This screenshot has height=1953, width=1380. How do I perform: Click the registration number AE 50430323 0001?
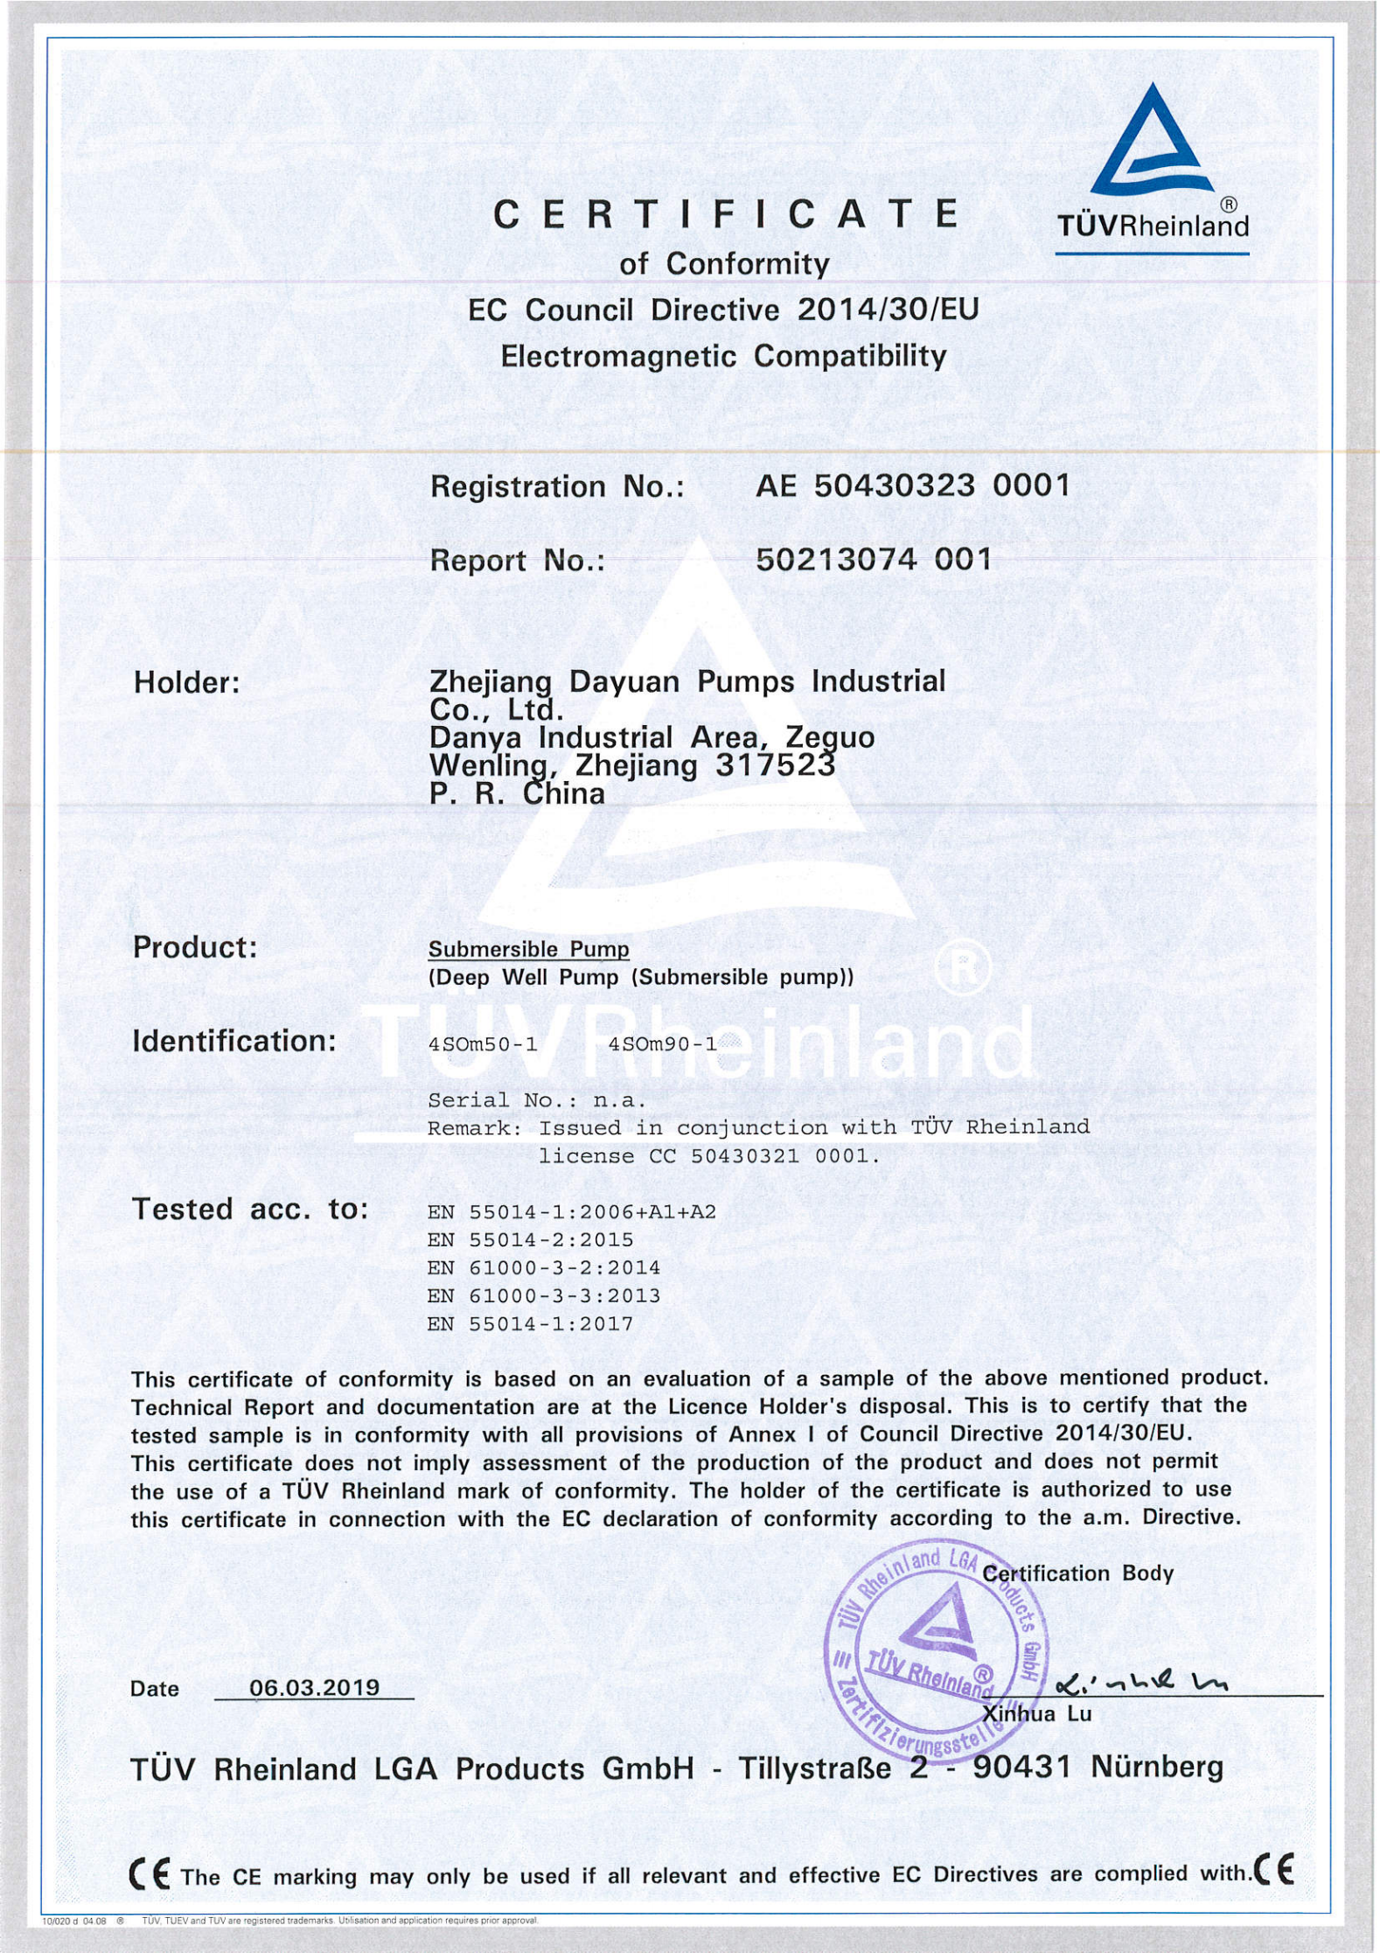tap(913, 485)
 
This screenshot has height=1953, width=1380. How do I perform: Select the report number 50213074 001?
tap(874, 559)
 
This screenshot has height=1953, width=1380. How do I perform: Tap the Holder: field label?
tap(186, 683)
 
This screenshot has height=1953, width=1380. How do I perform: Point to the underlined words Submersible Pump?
tap(528, 949)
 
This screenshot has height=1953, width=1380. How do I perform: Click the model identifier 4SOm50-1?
tap(483, 1043)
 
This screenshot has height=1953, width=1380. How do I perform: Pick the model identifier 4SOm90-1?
tap(662, 1043)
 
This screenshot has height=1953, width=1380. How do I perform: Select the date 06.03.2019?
tap(314, 1687)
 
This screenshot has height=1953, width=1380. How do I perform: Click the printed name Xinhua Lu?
tap(1037, 1713)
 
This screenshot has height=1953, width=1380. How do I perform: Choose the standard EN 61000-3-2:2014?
tap(543, 1268)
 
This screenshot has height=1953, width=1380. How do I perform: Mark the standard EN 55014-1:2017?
tap(529, 1324)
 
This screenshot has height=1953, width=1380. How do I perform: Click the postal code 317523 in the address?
tap(774, 765)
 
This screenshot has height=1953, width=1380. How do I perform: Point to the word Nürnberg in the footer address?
tap(1156, 1768)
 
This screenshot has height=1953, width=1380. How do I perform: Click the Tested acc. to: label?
tap(249, 1210)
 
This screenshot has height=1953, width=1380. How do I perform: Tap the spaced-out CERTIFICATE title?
tap(725, 214)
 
